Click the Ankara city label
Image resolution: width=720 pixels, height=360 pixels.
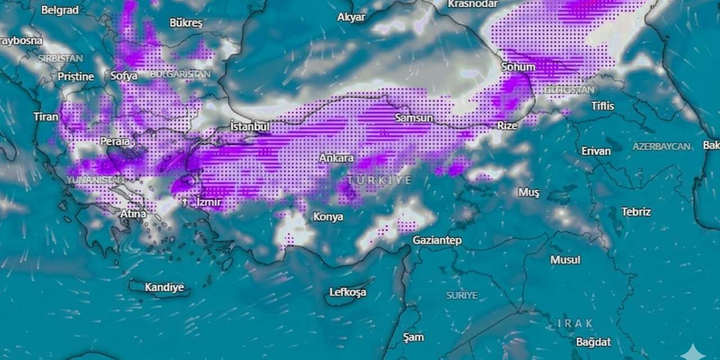tap(336, 158)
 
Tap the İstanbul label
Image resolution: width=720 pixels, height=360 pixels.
tap(250, 127)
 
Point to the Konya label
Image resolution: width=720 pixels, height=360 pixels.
tap(328, 217)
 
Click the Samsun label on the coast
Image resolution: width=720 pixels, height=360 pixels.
tap(413, 118)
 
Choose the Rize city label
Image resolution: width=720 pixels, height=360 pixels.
tap(507, 125)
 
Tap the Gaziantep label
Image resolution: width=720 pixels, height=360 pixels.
tap(437, 240)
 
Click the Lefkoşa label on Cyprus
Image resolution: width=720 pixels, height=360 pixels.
tap(347, 292)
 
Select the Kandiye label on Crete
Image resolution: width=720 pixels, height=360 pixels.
tap(164, 287)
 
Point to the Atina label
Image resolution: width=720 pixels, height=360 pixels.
tap(133, 214)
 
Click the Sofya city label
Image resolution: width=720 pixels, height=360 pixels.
tap(124, 75)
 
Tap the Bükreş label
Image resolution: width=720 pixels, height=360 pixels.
tap(186, 23)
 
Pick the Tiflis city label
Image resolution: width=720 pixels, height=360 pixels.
tap(602, 106)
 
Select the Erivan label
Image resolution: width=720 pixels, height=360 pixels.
tap(596, 151)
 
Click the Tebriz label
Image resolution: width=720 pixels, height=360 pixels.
tap(636, 211)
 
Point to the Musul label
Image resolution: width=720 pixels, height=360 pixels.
tap(565, 260)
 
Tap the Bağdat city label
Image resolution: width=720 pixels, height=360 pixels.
tap(593, 341)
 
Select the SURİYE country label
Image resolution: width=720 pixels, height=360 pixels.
tap(461, 295)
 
